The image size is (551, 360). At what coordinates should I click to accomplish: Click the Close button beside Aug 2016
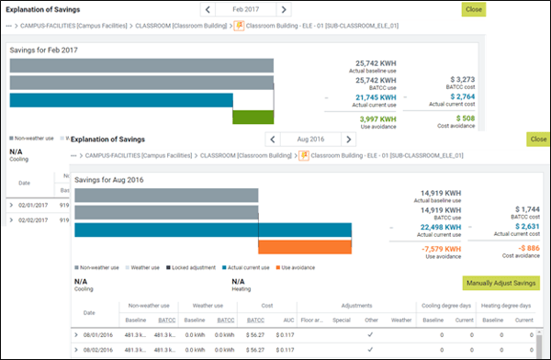click(x=537, y=139)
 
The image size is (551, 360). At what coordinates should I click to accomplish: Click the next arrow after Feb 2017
click(x=284, y=9)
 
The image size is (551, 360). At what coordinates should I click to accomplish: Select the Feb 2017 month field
click(x=244, y=9)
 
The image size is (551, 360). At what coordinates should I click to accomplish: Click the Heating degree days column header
click(x=506, y=305)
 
